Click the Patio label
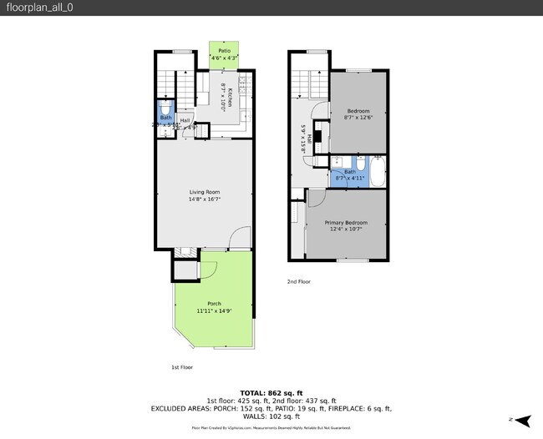coord(224,51)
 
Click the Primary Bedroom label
coord(346,223)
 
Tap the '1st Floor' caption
coord(171,366)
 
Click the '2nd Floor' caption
coord(298,282)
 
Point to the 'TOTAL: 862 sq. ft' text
coord(271,392)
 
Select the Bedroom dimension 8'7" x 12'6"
coord(358,118)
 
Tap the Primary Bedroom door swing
coord(317,198)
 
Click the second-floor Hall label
coord(310,139)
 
